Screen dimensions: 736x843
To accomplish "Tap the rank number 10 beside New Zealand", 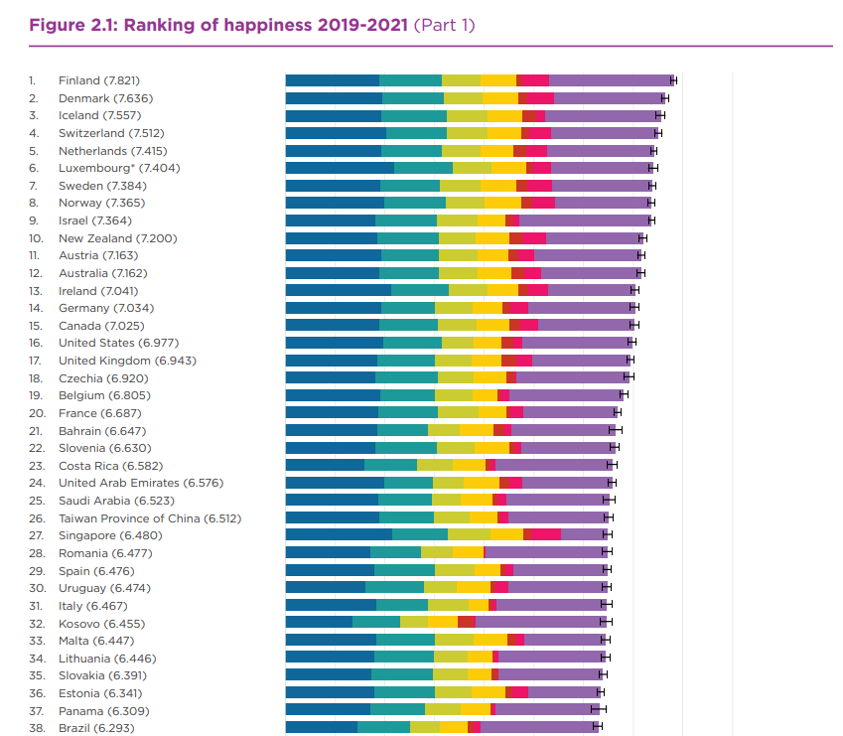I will pos(36,238).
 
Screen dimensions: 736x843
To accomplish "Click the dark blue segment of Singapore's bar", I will pos(338,534).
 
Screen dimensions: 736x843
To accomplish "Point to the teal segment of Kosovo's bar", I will pos(376,622).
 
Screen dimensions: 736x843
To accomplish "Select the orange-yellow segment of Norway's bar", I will pos(502,203).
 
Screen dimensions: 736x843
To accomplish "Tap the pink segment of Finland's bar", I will pos(534,80).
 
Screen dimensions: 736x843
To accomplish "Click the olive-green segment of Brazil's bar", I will pos(425,727).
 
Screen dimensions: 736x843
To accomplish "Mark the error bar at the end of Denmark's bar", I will pos(665,98).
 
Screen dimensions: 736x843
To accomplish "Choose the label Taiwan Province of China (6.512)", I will pos(150,517).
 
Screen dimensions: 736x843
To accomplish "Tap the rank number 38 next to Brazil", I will pos(36,727).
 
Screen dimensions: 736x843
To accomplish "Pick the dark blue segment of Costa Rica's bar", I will pos(325,465).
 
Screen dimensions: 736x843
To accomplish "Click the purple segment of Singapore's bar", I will pos(584,534).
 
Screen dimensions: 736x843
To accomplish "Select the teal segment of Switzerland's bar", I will pos(416,133).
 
